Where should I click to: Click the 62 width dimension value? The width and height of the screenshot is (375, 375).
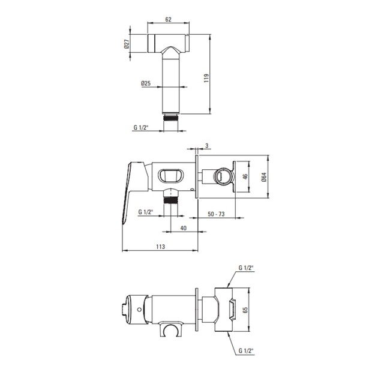tap(169, 19)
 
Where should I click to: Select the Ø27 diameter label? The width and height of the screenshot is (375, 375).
tap(127, 44)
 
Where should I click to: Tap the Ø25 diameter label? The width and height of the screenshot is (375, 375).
tap(146, 83)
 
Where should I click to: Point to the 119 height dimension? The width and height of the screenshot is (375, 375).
tap(206, 78)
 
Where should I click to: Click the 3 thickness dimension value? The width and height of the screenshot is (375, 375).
tap(207, 145)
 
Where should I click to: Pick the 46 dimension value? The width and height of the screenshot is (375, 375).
tap(245, 177)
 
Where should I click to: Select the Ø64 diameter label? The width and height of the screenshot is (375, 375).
tap(264, 177)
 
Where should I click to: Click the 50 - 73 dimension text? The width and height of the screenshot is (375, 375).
tap(216, 214)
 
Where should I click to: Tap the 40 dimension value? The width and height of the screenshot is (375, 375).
tap(183, 228)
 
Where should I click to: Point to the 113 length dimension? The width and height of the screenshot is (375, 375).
tap(160, 247)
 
